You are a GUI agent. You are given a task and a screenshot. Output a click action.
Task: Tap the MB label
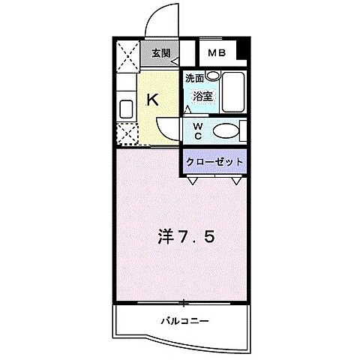(x=217, y=53)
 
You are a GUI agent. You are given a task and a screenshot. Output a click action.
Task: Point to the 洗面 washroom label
(x=195, y=77)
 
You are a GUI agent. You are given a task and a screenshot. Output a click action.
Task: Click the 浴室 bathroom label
(x=202, y=95)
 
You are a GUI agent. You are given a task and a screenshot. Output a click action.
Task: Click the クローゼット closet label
(x=215, y=161)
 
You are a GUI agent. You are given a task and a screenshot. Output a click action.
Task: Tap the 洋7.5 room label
(x=187, y=238)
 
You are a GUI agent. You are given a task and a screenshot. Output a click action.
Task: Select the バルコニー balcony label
(x=184, y=321)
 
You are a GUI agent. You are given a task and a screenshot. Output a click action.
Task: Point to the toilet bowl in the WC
(x=225, y=132)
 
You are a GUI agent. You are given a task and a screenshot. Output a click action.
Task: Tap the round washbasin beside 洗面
(x=212, y=76)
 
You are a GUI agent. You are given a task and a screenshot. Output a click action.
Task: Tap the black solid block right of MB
(x=241, y=54)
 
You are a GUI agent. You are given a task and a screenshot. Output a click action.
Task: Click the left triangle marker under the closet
(x=193, y=181)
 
